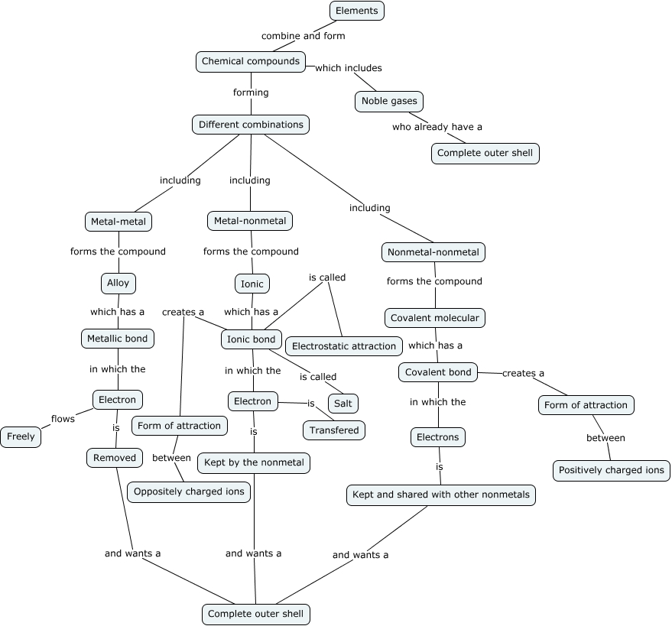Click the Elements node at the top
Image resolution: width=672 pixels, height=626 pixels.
[x=357, y=11]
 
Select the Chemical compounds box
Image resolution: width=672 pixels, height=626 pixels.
[x=251, y=61]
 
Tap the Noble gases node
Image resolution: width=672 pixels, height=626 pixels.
[x=389, y=101]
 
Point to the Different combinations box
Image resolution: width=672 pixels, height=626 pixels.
[x=251, y=125]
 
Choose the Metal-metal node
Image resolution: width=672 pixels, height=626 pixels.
[x=118, y=222]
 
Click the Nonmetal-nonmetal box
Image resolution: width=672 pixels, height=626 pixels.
[x=433, y=252]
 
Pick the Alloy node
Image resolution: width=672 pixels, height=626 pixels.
[x=118, y=283]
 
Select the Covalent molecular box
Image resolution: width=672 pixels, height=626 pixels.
[x=435, y=318]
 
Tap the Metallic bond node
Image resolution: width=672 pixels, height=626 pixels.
[x=118, y=338]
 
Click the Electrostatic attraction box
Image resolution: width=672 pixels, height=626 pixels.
[x=344, y=346]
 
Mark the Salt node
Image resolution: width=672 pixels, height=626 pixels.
[x=343, y=403]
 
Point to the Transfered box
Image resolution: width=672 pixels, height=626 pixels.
[x=334, y=430]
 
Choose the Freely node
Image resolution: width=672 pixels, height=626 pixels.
[x=21, y=437]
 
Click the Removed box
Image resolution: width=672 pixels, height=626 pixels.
[x=115, y=458]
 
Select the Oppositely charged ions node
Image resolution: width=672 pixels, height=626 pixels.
[x=189, y=491]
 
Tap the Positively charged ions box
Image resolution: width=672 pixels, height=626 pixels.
[x=611, y=470]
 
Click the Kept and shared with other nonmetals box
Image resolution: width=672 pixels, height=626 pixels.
[x=440, y=495]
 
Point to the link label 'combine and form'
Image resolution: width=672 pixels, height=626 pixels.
[x=303, y=36]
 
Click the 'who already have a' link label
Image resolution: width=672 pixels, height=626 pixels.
[x=437, y=127]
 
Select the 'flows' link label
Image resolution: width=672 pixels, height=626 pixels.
[x=63, y=419]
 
